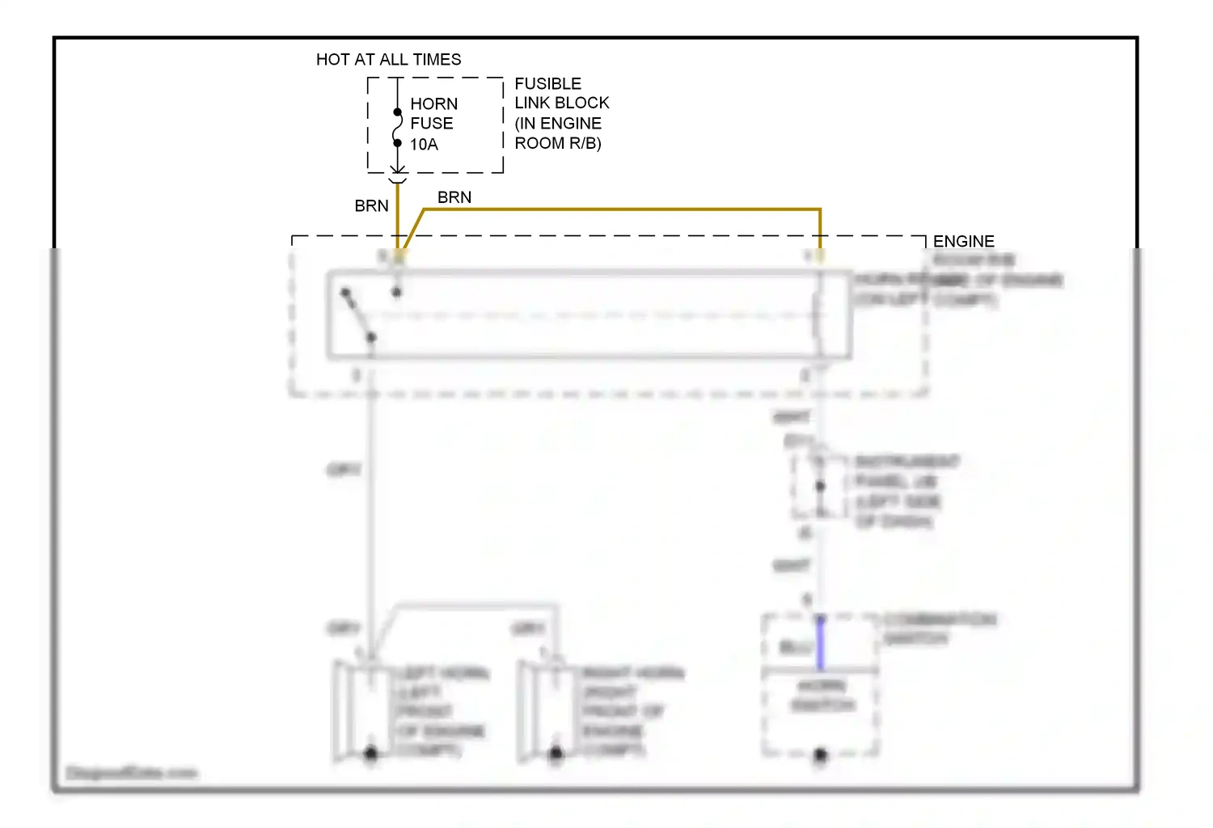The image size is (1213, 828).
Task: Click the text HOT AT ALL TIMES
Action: [388, 60]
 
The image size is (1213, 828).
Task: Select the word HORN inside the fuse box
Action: [433, 104]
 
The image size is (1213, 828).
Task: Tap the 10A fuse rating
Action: [424, 145]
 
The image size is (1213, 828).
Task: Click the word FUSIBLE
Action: [547, 84]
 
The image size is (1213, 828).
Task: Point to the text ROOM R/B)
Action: [558, 143]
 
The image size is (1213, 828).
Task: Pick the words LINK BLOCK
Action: [562, 103]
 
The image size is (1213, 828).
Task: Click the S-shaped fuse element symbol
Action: [397, 128]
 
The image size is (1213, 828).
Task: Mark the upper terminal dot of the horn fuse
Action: [397, 112]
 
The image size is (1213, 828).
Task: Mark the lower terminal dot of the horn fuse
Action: [397, 143]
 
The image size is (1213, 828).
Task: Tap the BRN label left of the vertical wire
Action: [371, 206]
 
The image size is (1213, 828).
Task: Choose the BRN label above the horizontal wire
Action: [454, 197]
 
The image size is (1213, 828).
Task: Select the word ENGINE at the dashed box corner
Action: [963, 242]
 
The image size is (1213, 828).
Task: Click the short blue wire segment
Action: [820, 643]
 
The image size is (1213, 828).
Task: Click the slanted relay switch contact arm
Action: [357, 314]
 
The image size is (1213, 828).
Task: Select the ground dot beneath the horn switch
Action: [820, 755]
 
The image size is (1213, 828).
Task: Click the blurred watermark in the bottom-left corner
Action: [131, 773]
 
